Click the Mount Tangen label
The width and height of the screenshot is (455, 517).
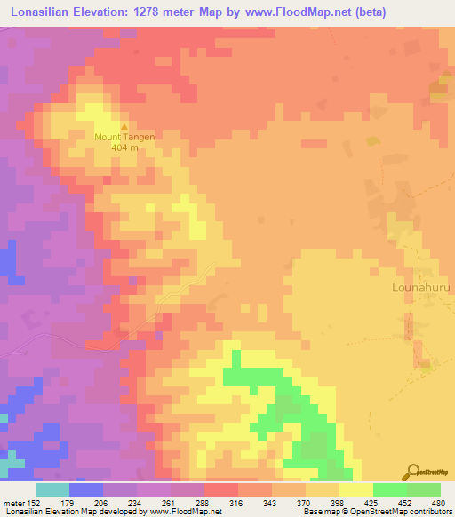pyautogui.click(x=125, y=137)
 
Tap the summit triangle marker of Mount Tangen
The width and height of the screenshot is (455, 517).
pyautogui.click(x=124, y=126)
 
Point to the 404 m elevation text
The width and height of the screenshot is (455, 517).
pyautogui.click(x=125, y=148)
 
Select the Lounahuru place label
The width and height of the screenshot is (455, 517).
pyautogui.click(x=422, y=288)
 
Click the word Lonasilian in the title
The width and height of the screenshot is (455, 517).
pyautogui.click(x=44, y=12)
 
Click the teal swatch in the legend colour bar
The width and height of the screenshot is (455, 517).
pyautogui.click(x=52, y=489)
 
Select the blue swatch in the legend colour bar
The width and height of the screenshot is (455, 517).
pyautogui.click(x=86, y=489)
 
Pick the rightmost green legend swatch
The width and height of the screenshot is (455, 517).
pyautogui.click(x=424, y=489)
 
